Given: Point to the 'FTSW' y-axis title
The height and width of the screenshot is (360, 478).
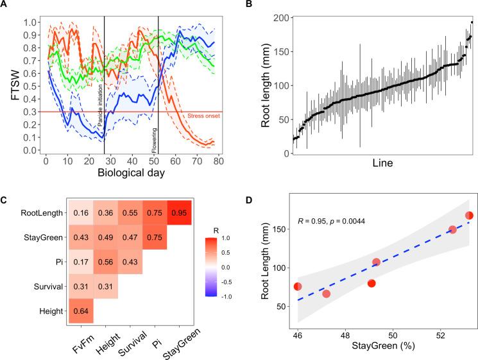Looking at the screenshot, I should click(10, 84).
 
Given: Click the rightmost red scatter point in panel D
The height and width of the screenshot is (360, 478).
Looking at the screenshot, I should click(469, 216).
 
